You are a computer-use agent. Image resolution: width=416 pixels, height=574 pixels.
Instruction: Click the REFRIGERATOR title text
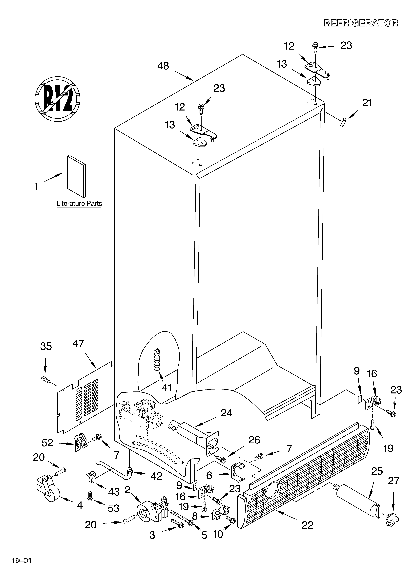[361, 23]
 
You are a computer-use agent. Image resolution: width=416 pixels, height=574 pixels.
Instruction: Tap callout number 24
[226, 413]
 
